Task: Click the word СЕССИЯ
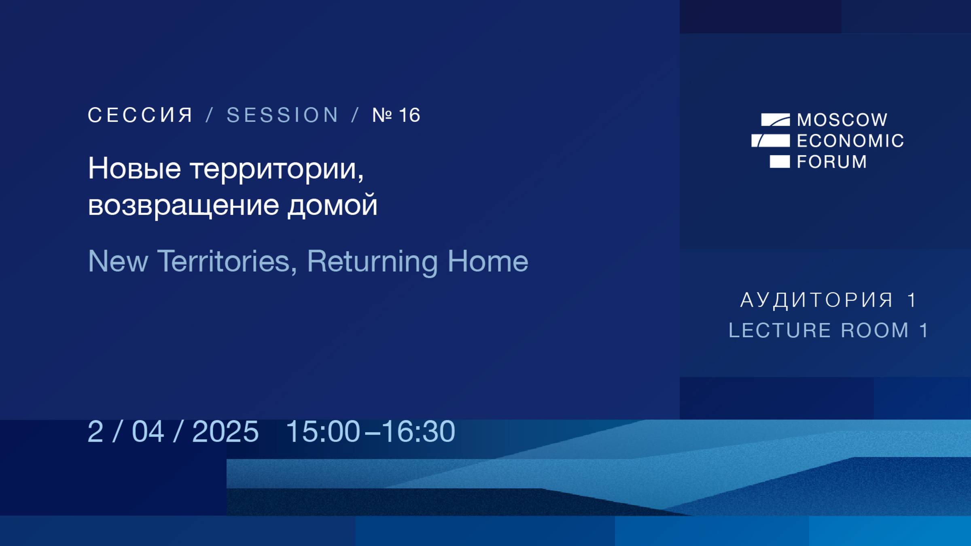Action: click(140, 115)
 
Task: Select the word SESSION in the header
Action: click(282, 115)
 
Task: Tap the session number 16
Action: click(409, 115)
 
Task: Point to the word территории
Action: click(277, 169)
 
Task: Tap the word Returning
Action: click(372, 262)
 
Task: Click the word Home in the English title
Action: click(488, 261)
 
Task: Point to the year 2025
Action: click(225, 432)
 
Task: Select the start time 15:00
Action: click(323, 432)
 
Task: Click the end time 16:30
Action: click(418, 432)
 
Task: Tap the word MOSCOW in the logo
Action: click(842, 120)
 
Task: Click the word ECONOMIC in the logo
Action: click(850, 141)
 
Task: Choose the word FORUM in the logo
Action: click(832, 162)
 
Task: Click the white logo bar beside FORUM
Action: click(779, 161)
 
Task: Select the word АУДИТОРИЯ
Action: click(816, 300)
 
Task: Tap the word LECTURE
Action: click(780, 330)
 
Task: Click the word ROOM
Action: click(875, 330)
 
